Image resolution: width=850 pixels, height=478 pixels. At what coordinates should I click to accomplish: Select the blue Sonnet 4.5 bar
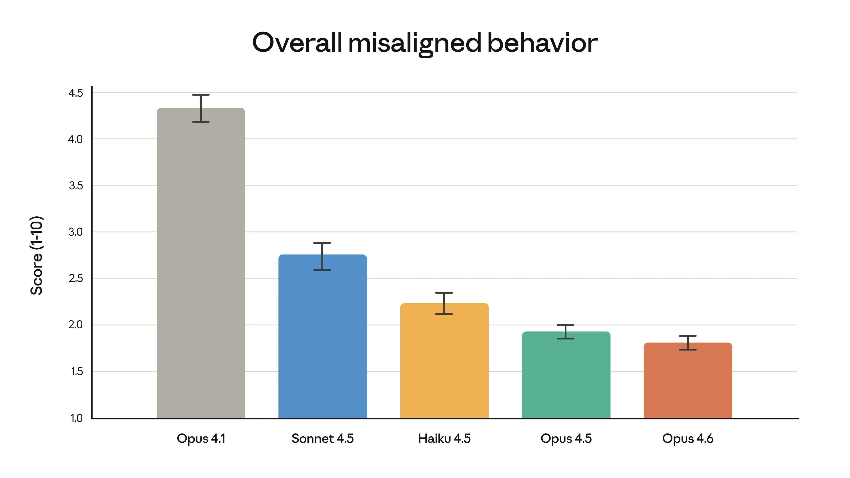click(x=322, y=336)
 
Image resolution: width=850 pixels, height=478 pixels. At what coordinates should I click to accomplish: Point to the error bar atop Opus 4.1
click(x=201, y=108)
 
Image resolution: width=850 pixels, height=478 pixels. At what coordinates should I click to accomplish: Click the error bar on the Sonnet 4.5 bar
click(x=322, y=256)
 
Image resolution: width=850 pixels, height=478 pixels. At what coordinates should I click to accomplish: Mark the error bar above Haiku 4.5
click(x=444, y=303)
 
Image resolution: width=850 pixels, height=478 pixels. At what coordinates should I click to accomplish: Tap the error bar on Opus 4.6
click(x=688, y=343)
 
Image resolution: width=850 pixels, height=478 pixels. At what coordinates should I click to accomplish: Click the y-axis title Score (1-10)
click(x=37, y=255)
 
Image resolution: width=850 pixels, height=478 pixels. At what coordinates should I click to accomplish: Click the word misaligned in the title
click(x=414, y=43)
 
